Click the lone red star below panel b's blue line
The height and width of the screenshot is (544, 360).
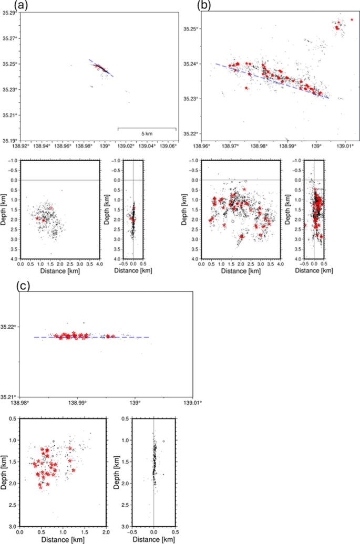coord(246,88)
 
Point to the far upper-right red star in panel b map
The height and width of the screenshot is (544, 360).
coord(352,19)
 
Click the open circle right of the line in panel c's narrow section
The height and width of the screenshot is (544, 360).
coord(164,442)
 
